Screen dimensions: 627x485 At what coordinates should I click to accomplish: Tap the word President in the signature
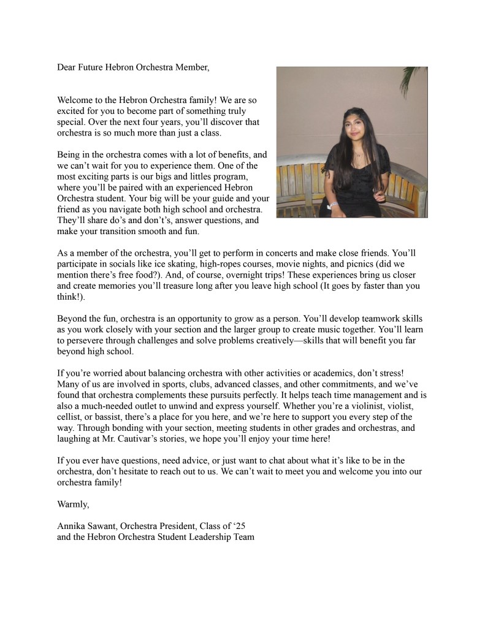[x=168, y=526]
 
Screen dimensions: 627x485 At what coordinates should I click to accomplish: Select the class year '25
[x=237, y=526]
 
